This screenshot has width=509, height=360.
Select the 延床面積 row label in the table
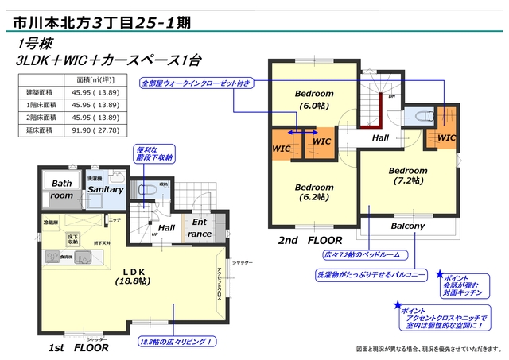pyautogui.click(x=39, y=129)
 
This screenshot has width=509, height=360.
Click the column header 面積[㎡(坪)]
pyautogui.click(x=97, y=80)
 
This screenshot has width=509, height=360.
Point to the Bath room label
pyautogui.click(x=61, y=189)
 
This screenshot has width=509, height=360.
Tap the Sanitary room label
pyautogui.click(x=105, y=190)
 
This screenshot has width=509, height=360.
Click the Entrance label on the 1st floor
pyautogui.click(x=200, y=228)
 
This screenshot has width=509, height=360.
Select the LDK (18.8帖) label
pyautogui.click(x=132, y=276)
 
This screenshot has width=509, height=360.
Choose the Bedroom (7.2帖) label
pyautogui.click(x=408, y=176)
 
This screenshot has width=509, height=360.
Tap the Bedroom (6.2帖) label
pyautogui.click(x=315, y=192)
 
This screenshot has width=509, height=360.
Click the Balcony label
pyautogui.click(x=408, y=226)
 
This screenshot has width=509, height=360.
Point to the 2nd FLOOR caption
pyautogui.click(x=309, y=239)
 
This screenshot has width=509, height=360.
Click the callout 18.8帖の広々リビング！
pyautogui.click(x=176, y=342)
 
